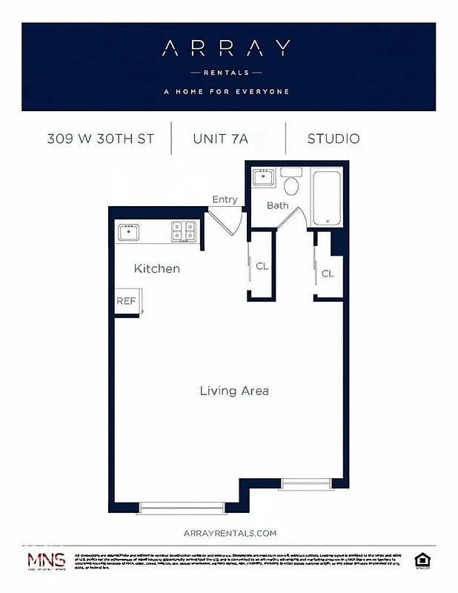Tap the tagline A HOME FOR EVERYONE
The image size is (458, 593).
(226, 92)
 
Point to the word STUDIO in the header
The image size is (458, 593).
(333, 139)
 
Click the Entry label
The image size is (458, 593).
(225, 199)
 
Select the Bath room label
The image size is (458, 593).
(278, 205)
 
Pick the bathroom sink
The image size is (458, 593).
(264, 178)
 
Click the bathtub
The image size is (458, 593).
(327, 199)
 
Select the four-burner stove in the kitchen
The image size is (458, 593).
(183, 232)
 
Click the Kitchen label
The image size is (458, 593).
(156, 268)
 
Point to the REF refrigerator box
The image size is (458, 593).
(125, 302)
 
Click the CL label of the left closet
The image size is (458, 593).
(262, 266)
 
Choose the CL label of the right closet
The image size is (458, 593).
(328, 274)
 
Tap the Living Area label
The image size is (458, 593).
(234, 391)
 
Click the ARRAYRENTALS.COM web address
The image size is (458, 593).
(229, 533)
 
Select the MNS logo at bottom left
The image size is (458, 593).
(46, 561)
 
